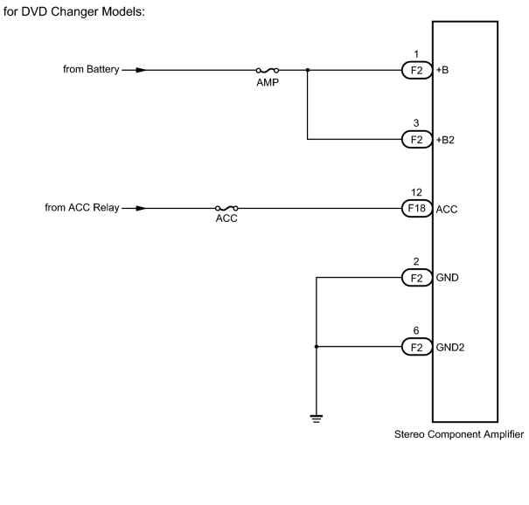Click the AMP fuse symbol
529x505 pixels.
268,70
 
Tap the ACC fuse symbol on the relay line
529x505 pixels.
226,208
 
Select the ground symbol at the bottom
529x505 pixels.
317,419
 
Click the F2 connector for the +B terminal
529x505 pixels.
417,70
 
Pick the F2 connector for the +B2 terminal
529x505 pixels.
417,139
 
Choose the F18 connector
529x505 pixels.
417,208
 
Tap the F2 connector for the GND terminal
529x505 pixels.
417,278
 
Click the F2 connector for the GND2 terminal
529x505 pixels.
417,347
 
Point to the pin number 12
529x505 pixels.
416,192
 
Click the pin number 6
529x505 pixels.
416,331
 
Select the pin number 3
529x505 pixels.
416,123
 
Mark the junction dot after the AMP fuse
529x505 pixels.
308,70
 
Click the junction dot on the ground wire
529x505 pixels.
317,347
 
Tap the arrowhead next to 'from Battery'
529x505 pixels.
141,70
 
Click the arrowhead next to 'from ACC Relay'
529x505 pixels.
141,208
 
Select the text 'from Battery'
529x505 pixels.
91,69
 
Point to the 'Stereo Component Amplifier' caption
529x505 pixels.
459,434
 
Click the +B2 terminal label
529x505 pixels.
445,140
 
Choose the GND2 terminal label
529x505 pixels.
450,347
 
